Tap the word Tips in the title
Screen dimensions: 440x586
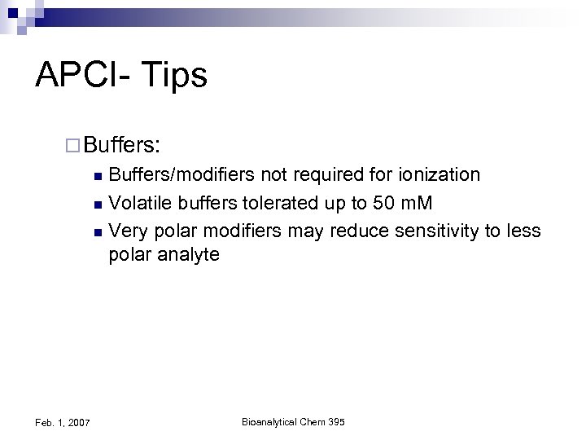click(178, 76)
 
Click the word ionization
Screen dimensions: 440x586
click(439, 174)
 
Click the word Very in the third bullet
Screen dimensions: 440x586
click(128, 231)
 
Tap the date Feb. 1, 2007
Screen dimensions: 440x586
click(63, 423)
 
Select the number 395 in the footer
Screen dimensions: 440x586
click(336, 421)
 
